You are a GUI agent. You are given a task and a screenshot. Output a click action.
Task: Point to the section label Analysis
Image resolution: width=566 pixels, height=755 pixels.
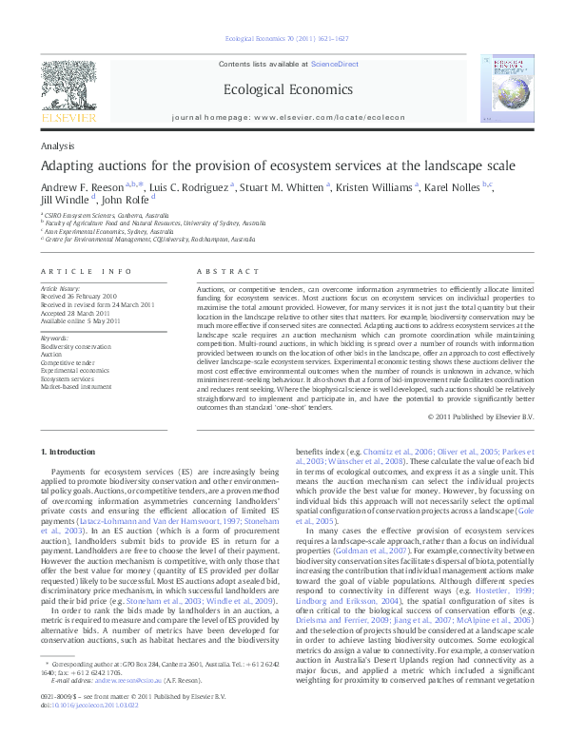tap(58, 146)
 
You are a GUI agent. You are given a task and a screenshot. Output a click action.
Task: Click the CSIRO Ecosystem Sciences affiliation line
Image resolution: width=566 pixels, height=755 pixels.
tap(100, 216)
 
